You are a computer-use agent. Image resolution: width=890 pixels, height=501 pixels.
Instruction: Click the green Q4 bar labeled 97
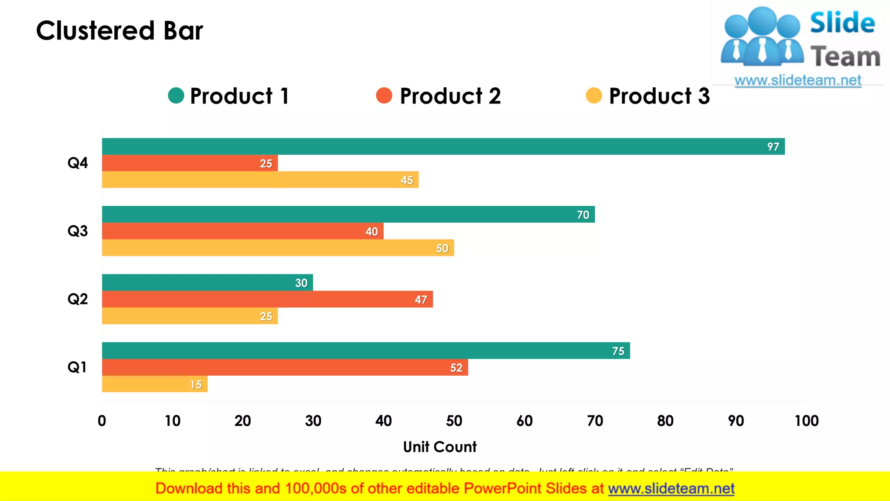(443, 147)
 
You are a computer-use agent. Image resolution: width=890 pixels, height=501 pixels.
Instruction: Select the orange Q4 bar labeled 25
(190, 163)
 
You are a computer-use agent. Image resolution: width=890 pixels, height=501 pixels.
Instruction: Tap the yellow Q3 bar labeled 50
(278, 248)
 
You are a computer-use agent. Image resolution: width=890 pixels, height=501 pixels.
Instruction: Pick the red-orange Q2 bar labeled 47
(267, 299)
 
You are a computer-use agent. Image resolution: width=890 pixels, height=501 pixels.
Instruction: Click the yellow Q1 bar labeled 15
(155, 384)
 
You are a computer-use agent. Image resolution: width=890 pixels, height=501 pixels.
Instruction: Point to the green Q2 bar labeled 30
(207, 283)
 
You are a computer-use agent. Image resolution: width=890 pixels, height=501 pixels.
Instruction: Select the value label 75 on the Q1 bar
(618, 351)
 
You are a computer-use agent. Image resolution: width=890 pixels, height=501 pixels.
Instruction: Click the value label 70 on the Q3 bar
(583, 215)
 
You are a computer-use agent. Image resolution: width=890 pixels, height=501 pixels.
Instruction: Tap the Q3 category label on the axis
(77, 231)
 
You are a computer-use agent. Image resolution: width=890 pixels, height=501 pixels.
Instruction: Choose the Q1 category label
(77, 367)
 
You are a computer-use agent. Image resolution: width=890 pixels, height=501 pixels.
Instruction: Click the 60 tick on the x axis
(525, 421)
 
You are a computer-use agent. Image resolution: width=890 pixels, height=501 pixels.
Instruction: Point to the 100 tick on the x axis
(806, 421)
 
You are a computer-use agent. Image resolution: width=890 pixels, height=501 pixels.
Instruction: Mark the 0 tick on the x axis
(102, 421)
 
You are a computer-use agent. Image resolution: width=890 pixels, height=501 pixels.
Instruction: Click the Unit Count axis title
(439, 447)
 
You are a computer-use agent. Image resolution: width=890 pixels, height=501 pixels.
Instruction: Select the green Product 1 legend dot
(176, 96)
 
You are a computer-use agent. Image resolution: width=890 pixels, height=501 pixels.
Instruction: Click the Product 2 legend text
(450, 96)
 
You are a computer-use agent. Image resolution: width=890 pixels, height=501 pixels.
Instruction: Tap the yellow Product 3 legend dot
(594, 96)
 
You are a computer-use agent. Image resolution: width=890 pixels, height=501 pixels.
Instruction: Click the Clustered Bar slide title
(120, 31)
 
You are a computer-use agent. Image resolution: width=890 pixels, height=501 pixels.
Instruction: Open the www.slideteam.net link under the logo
(798, 80)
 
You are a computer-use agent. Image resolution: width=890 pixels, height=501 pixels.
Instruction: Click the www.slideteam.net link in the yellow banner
(671, 488)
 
